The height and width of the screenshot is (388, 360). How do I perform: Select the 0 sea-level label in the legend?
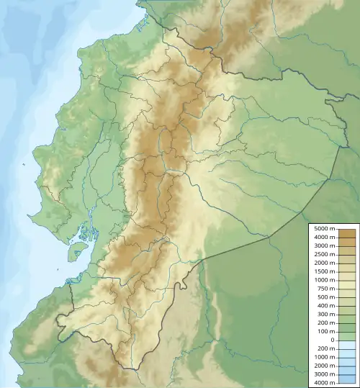click(x=332, y=340)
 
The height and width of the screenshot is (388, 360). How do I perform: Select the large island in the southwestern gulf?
click(x=77, y=251)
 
